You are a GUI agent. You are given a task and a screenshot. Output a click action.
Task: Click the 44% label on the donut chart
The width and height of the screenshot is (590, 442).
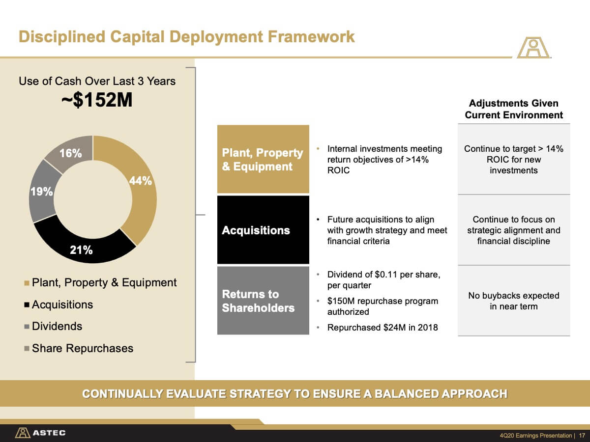[140, 181]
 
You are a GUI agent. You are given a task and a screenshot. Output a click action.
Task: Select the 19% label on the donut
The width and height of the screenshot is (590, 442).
[42, 192]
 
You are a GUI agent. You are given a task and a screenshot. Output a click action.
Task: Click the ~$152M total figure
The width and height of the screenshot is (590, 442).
[97, 100]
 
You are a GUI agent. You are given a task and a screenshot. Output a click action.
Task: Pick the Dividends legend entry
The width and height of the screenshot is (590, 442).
[53, 326]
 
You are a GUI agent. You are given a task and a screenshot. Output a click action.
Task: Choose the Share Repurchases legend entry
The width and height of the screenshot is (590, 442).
[79, 348]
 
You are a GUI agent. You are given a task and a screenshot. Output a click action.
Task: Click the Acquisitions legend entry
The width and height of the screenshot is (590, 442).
[59, 304]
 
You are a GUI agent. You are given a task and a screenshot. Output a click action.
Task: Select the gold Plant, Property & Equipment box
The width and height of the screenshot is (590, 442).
[263, 159]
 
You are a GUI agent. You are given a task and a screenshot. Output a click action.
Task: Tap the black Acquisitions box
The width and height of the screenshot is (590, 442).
[263, 230]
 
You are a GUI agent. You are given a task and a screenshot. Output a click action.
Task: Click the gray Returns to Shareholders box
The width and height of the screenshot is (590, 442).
[263, 301]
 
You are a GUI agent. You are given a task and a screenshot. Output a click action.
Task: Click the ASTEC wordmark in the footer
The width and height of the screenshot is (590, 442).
[49, 433]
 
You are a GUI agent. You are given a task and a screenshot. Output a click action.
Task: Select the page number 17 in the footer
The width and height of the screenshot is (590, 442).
[582, 435]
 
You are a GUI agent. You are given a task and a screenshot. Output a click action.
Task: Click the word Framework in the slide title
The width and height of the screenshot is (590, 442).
[311, 36]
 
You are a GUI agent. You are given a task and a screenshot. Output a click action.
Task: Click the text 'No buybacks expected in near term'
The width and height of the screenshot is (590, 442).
[514, 301]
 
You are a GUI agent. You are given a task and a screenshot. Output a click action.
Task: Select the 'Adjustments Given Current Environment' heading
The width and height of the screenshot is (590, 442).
[514, 109]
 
